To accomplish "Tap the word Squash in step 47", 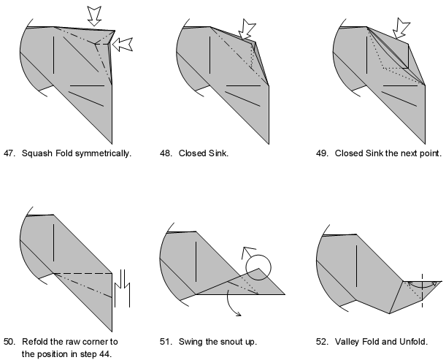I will click(38, 153).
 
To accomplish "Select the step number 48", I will click(166, 153).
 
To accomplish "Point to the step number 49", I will click(323, 153).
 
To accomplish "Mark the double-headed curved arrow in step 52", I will click(421, 283).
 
